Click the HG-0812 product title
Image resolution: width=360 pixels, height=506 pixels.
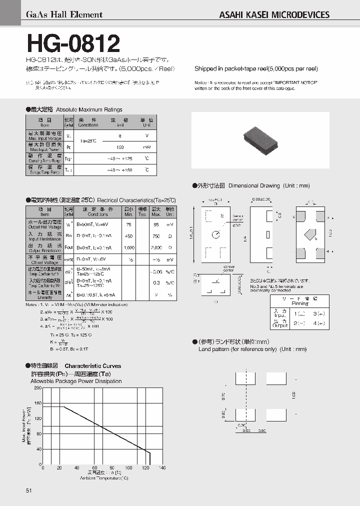point(73,43)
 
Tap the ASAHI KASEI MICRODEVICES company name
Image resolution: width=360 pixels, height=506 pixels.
point(274,15)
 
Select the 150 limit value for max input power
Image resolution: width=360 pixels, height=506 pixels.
point(120,147)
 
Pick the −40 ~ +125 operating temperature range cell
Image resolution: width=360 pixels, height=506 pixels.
point(120,158)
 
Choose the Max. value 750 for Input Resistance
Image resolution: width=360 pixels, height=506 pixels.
point(156,236)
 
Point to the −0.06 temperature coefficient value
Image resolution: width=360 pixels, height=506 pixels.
point(156,271)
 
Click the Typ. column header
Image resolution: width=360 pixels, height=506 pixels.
point(142,211)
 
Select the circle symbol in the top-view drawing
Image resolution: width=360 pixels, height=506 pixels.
point(215,234)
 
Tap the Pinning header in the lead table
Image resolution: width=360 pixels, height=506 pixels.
point(299,303)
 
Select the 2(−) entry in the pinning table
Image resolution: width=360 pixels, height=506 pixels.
point(300,323)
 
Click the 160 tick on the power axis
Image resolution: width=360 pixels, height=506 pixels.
point(38,403)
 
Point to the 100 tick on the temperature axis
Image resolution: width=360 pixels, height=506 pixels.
point(128,468)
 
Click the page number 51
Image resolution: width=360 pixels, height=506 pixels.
point(28,491)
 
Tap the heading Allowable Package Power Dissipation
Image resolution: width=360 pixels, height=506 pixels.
point(76,381)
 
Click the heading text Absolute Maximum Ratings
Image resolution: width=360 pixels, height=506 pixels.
point(89,109)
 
